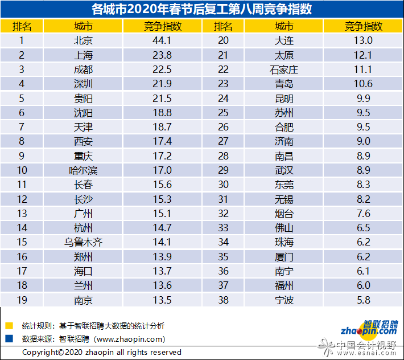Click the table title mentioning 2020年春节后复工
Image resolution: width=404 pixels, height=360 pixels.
(x=201, y=9)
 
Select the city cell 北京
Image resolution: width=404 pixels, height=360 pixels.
(x=83, y=40)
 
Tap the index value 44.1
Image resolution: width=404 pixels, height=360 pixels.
(x=162, y=40)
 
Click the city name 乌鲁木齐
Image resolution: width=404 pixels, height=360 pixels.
(x=83, y=242)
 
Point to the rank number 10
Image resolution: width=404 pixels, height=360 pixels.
(x=22, y=170)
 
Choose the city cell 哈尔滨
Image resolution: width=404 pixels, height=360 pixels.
(x=83, y=170)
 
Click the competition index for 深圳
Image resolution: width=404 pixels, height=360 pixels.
(x=162, y=84)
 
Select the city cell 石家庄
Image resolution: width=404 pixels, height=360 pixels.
(x=283, y=69)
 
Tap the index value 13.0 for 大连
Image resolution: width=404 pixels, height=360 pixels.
(x=363, y=40)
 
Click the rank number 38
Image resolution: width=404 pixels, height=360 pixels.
(x=223, y=300)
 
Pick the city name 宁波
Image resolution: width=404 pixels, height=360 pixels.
(x=283, y=300)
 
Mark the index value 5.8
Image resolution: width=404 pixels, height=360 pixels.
(x=363, y=300)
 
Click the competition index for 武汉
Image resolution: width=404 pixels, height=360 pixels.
(x=363, y=170)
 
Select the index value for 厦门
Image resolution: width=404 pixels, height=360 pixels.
(x=363, y=256)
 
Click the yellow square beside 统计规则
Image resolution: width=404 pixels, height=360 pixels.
(x=9, y=326)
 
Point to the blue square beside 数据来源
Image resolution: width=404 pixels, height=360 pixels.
(x=9, y=338)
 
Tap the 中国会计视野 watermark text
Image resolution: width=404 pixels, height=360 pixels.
(x=367, y=345)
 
